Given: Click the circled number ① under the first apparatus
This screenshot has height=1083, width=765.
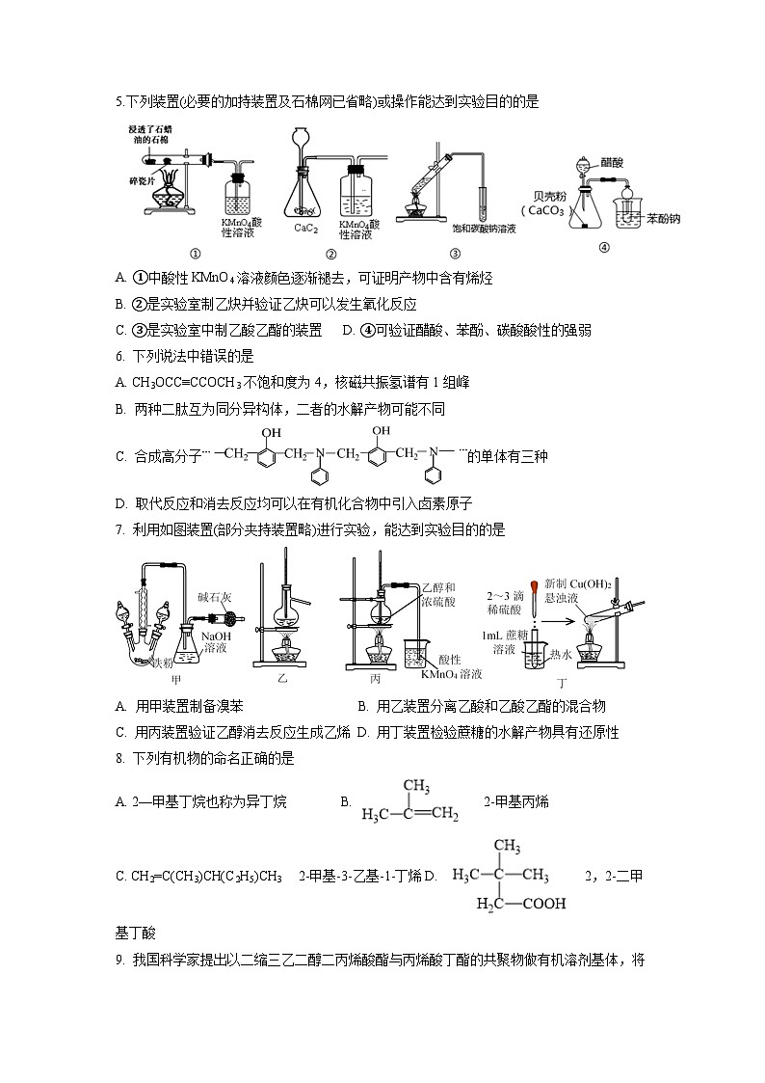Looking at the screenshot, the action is [x=195, y=255].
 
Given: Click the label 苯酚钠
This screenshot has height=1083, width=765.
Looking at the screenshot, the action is [x=664, y=218].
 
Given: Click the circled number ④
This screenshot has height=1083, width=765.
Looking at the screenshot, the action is [x=604, y=246].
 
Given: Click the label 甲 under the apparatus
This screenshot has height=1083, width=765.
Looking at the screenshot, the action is [x=176, y=679].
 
